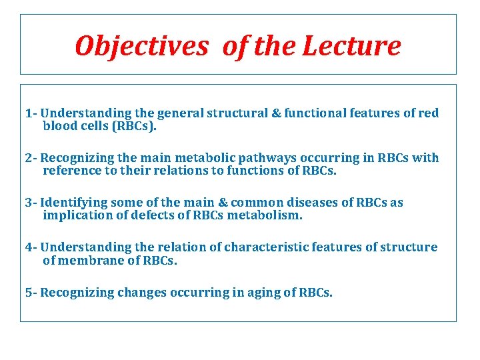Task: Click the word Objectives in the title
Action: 141,46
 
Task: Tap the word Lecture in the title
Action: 351,46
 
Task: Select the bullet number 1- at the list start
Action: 31,113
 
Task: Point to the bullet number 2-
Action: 31,158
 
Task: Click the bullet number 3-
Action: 31,203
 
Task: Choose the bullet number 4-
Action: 31,247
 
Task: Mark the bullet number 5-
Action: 31,292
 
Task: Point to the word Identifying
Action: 74,203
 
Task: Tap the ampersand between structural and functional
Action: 276,113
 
